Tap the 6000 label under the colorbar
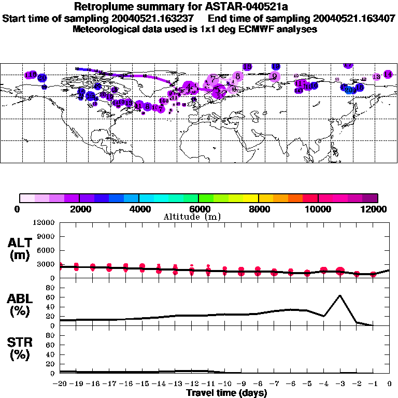point(198,208)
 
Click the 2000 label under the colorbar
point(79,208)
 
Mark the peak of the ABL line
point(339,295)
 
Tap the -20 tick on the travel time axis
point(60,384)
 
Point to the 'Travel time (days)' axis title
point(226,393)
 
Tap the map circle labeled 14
point(388,75)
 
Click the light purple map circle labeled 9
point(275,76)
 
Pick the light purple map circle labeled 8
point(237,76)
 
